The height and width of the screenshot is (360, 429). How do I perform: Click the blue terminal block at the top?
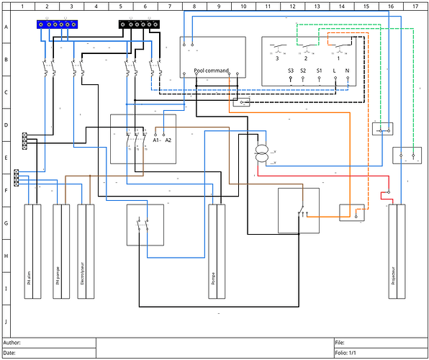pyautogui.click(x=56, y=24)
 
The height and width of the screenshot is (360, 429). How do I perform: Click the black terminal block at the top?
pyautogui.click(x=138, y=24)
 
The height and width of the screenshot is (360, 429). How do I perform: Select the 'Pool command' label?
pyautogui.click(x=212, y=71)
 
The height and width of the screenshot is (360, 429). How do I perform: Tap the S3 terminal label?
pyautogui.click(x=291, y=71)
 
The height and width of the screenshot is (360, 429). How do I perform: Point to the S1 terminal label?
pyautogui.click(x=320, y=71)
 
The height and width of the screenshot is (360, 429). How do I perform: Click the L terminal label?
pyautogui.click(x=335, y=71)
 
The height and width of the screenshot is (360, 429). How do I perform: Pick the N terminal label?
pyautogui.click(x=348, y=71)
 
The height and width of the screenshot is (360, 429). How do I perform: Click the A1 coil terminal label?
pyautogui.click(x=156, y=140)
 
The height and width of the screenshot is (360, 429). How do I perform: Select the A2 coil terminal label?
pyautogui.click(x=168, y=140)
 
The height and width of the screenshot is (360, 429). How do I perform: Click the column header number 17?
pyautogui.click(x=415, y=6)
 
